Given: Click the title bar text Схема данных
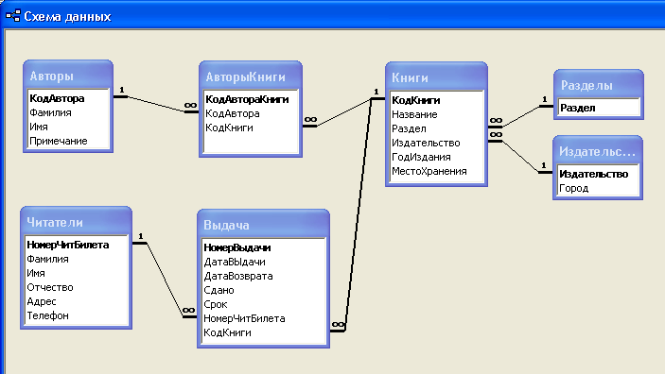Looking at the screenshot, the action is coord(67,16).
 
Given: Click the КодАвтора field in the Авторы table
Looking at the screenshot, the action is coord(57,98).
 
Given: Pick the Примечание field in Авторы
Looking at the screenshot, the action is coord(59,141).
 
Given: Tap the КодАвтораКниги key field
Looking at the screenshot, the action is coord(247,99).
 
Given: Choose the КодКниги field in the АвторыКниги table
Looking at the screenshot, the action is coord(229,127).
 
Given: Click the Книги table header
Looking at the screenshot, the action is coord(410,78).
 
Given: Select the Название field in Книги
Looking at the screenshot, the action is coord(414,115).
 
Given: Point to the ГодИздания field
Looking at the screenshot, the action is coord(421,157).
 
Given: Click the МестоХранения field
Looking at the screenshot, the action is coord(429,172).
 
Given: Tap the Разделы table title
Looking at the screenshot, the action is coord(586,86).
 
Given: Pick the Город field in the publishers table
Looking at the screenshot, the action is coord(574,189).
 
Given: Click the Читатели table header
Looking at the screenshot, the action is coord(55,222).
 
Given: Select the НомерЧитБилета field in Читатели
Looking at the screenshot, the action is coord(68,245).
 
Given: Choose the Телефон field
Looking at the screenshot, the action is coord(47,315).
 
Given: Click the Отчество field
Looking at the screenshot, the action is coord(50,288).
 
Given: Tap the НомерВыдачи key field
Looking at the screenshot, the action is coord(237,247).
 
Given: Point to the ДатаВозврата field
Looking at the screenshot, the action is coord(238,276).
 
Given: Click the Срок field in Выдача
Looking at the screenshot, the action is coord(216,304).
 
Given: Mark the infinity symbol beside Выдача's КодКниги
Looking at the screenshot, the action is coord(338,325).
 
